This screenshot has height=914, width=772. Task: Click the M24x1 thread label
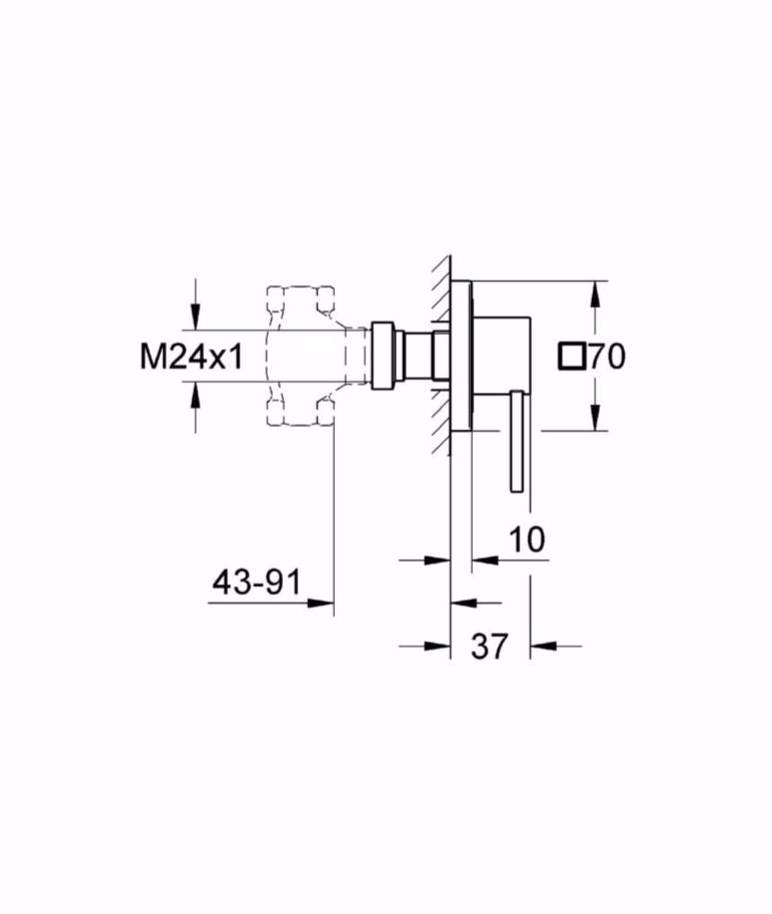(192, 356)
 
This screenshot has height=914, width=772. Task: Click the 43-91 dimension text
(257, 582)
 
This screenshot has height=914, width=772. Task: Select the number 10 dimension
(528, 539)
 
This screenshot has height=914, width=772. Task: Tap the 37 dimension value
(490, 645)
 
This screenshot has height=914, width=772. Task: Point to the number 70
(606, 357)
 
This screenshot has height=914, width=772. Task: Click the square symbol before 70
(570, 357)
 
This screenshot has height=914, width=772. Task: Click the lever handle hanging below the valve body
(517, 441)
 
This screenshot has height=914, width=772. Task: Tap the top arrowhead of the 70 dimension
(594, 295)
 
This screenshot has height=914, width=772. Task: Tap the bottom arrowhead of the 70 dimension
(594, 417)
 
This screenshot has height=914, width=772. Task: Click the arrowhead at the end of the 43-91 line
(320, 602)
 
